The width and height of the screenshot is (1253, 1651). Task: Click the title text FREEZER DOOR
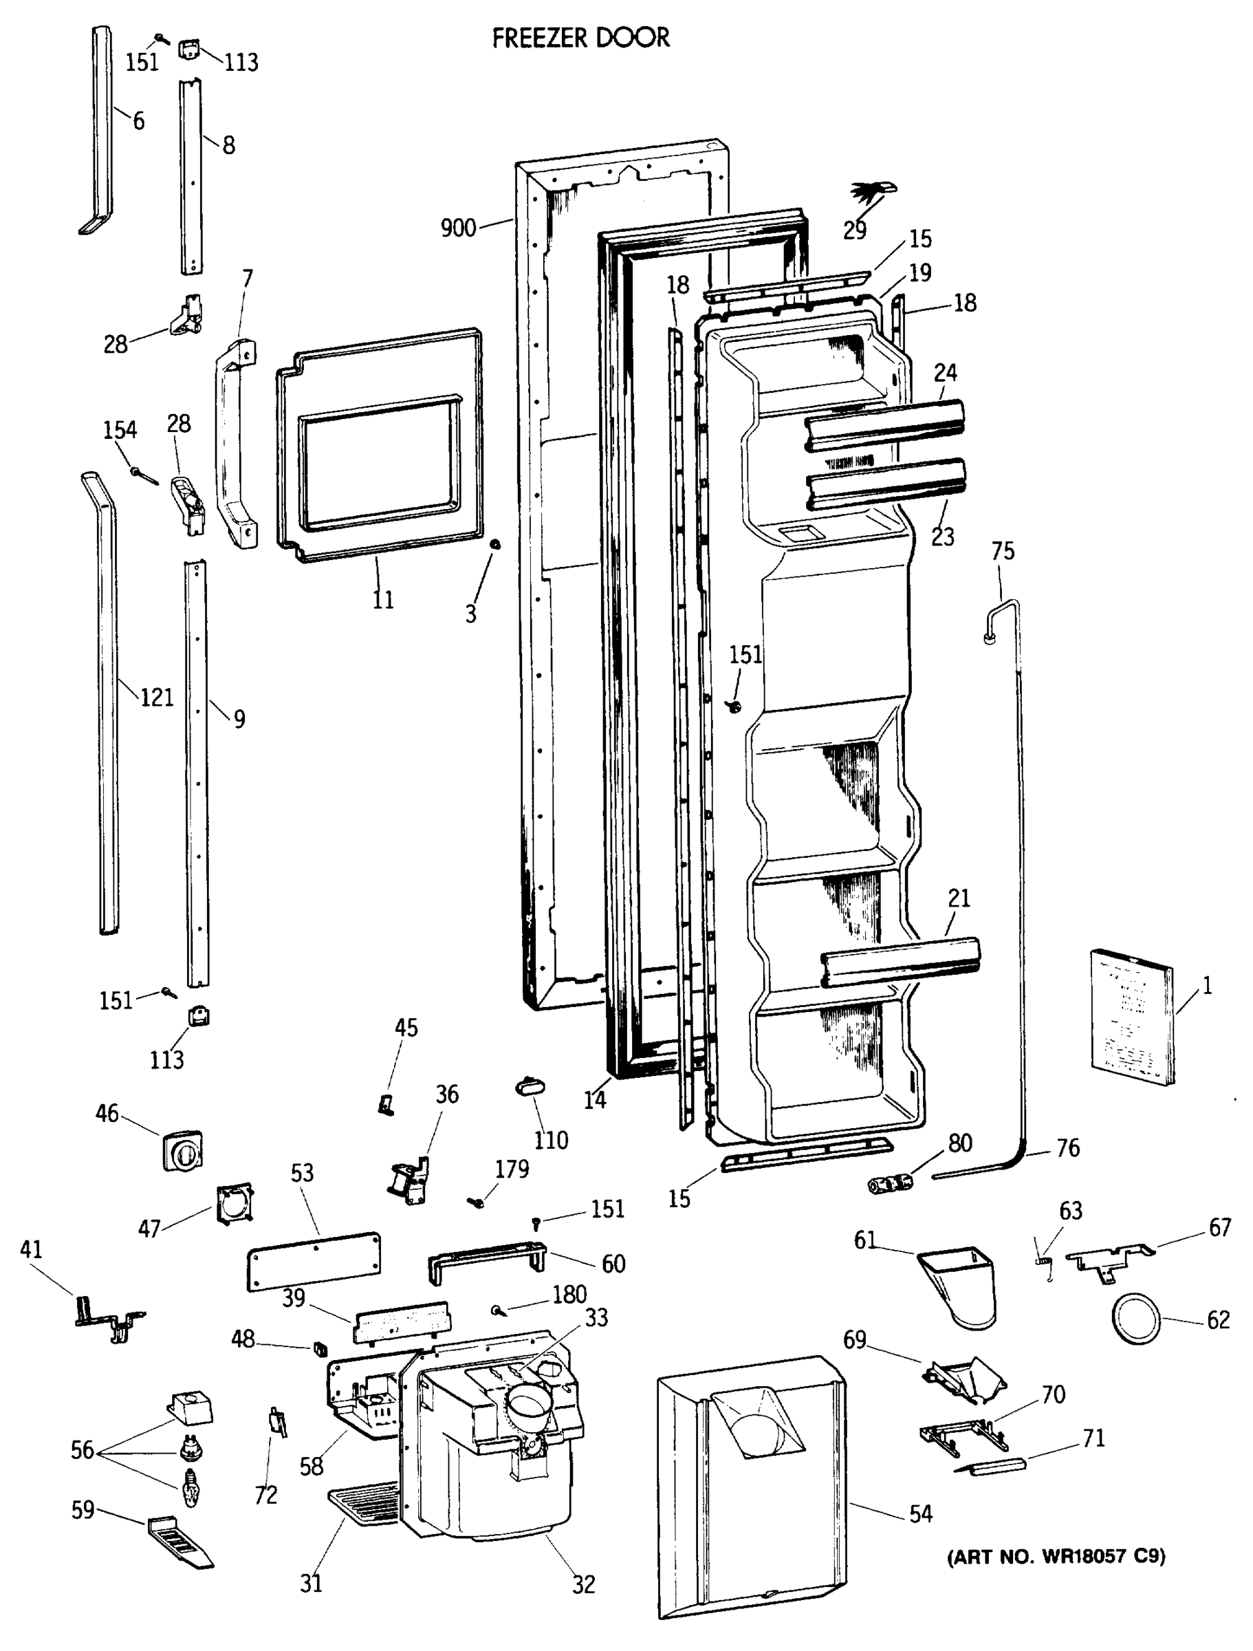(x=580, y=37)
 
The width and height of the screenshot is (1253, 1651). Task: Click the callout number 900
(x=457, y=228)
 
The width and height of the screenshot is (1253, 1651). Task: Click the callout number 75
(x=1003, y=551)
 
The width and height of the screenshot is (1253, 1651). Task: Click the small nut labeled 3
(x=494, y=545)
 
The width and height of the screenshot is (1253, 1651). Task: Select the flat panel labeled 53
(x=314, y=1261)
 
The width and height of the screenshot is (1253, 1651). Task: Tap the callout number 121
(x=157, y=697)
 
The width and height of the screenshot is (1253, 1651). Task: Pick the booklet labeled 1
(x=1131, y=1017)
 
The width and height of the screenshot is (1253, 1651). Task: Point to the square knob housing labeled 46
(x=182, y=1150)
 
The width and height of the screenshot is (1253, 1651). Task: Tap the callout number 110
(x=551, y=1140)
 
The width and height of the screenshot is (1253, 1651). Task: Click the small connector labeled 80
(x=891, y=1183)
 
